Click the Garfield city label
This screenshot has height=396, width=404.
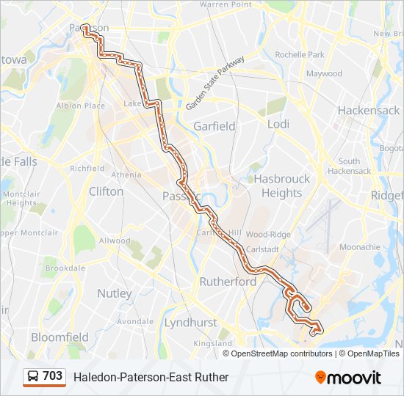pyautogui.click(x=214, y=126)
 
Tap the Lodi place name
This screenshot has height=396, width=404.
pyautogui.click(x=278, y=125)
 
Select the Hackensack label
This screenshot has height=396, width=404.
pyautogui.click(x=368, y=110)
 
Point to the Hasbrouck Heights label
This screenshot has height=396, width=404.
pyautogui.click(x=281, y=186)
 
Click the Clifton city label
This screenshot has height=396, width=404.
pyautogui.click(x=106, y=191)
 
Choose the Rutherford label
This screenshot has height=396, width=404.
pyautogui.click(x=228, y=282)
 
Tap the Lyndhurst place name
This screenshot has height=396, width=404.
pyautogui.click(x=192, y=322)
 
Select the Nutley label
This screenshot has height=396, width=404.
pyautogui.click(x=115, y=293)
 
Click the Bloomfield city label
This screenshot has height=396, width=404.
pyautogui.click(x=59, y=337)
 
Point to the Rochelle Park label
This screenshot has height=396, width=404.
pyautogui.click(x=299, y=55)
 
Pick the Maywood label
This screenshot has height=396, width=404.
pyautogui.click(x=324, y=73)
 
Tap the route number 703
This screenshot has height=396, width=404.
pyautogui.click(x=53, y=376)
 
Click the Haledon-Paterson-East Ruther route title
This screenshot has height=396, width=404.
pyautogui.click(x=151, y=377)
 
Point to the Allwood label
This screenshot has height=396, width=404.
pyautogui.click(x=115, y=241)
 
